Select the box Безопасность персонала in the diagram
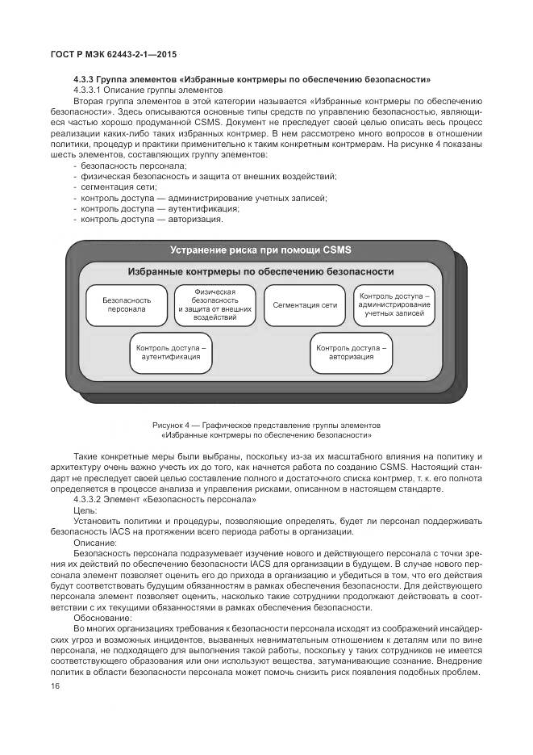click(x=126, y=304)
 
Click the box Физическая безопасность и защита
click(x=214, y=304)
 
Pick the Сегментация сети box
click(x=304, y=305)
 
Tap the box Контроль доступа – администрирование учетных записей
click(x=394, y=304)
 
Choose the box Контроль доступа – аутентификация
click(x=170, y=352)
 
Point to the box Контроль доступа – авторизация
click(x=351, y=352)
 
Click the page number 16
click(x=56, y=686)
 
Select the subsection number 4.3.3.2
click(x=89, y=501)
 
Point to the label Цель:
click(x=85, y=511)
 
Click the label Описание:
click(x=95, y=543)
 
